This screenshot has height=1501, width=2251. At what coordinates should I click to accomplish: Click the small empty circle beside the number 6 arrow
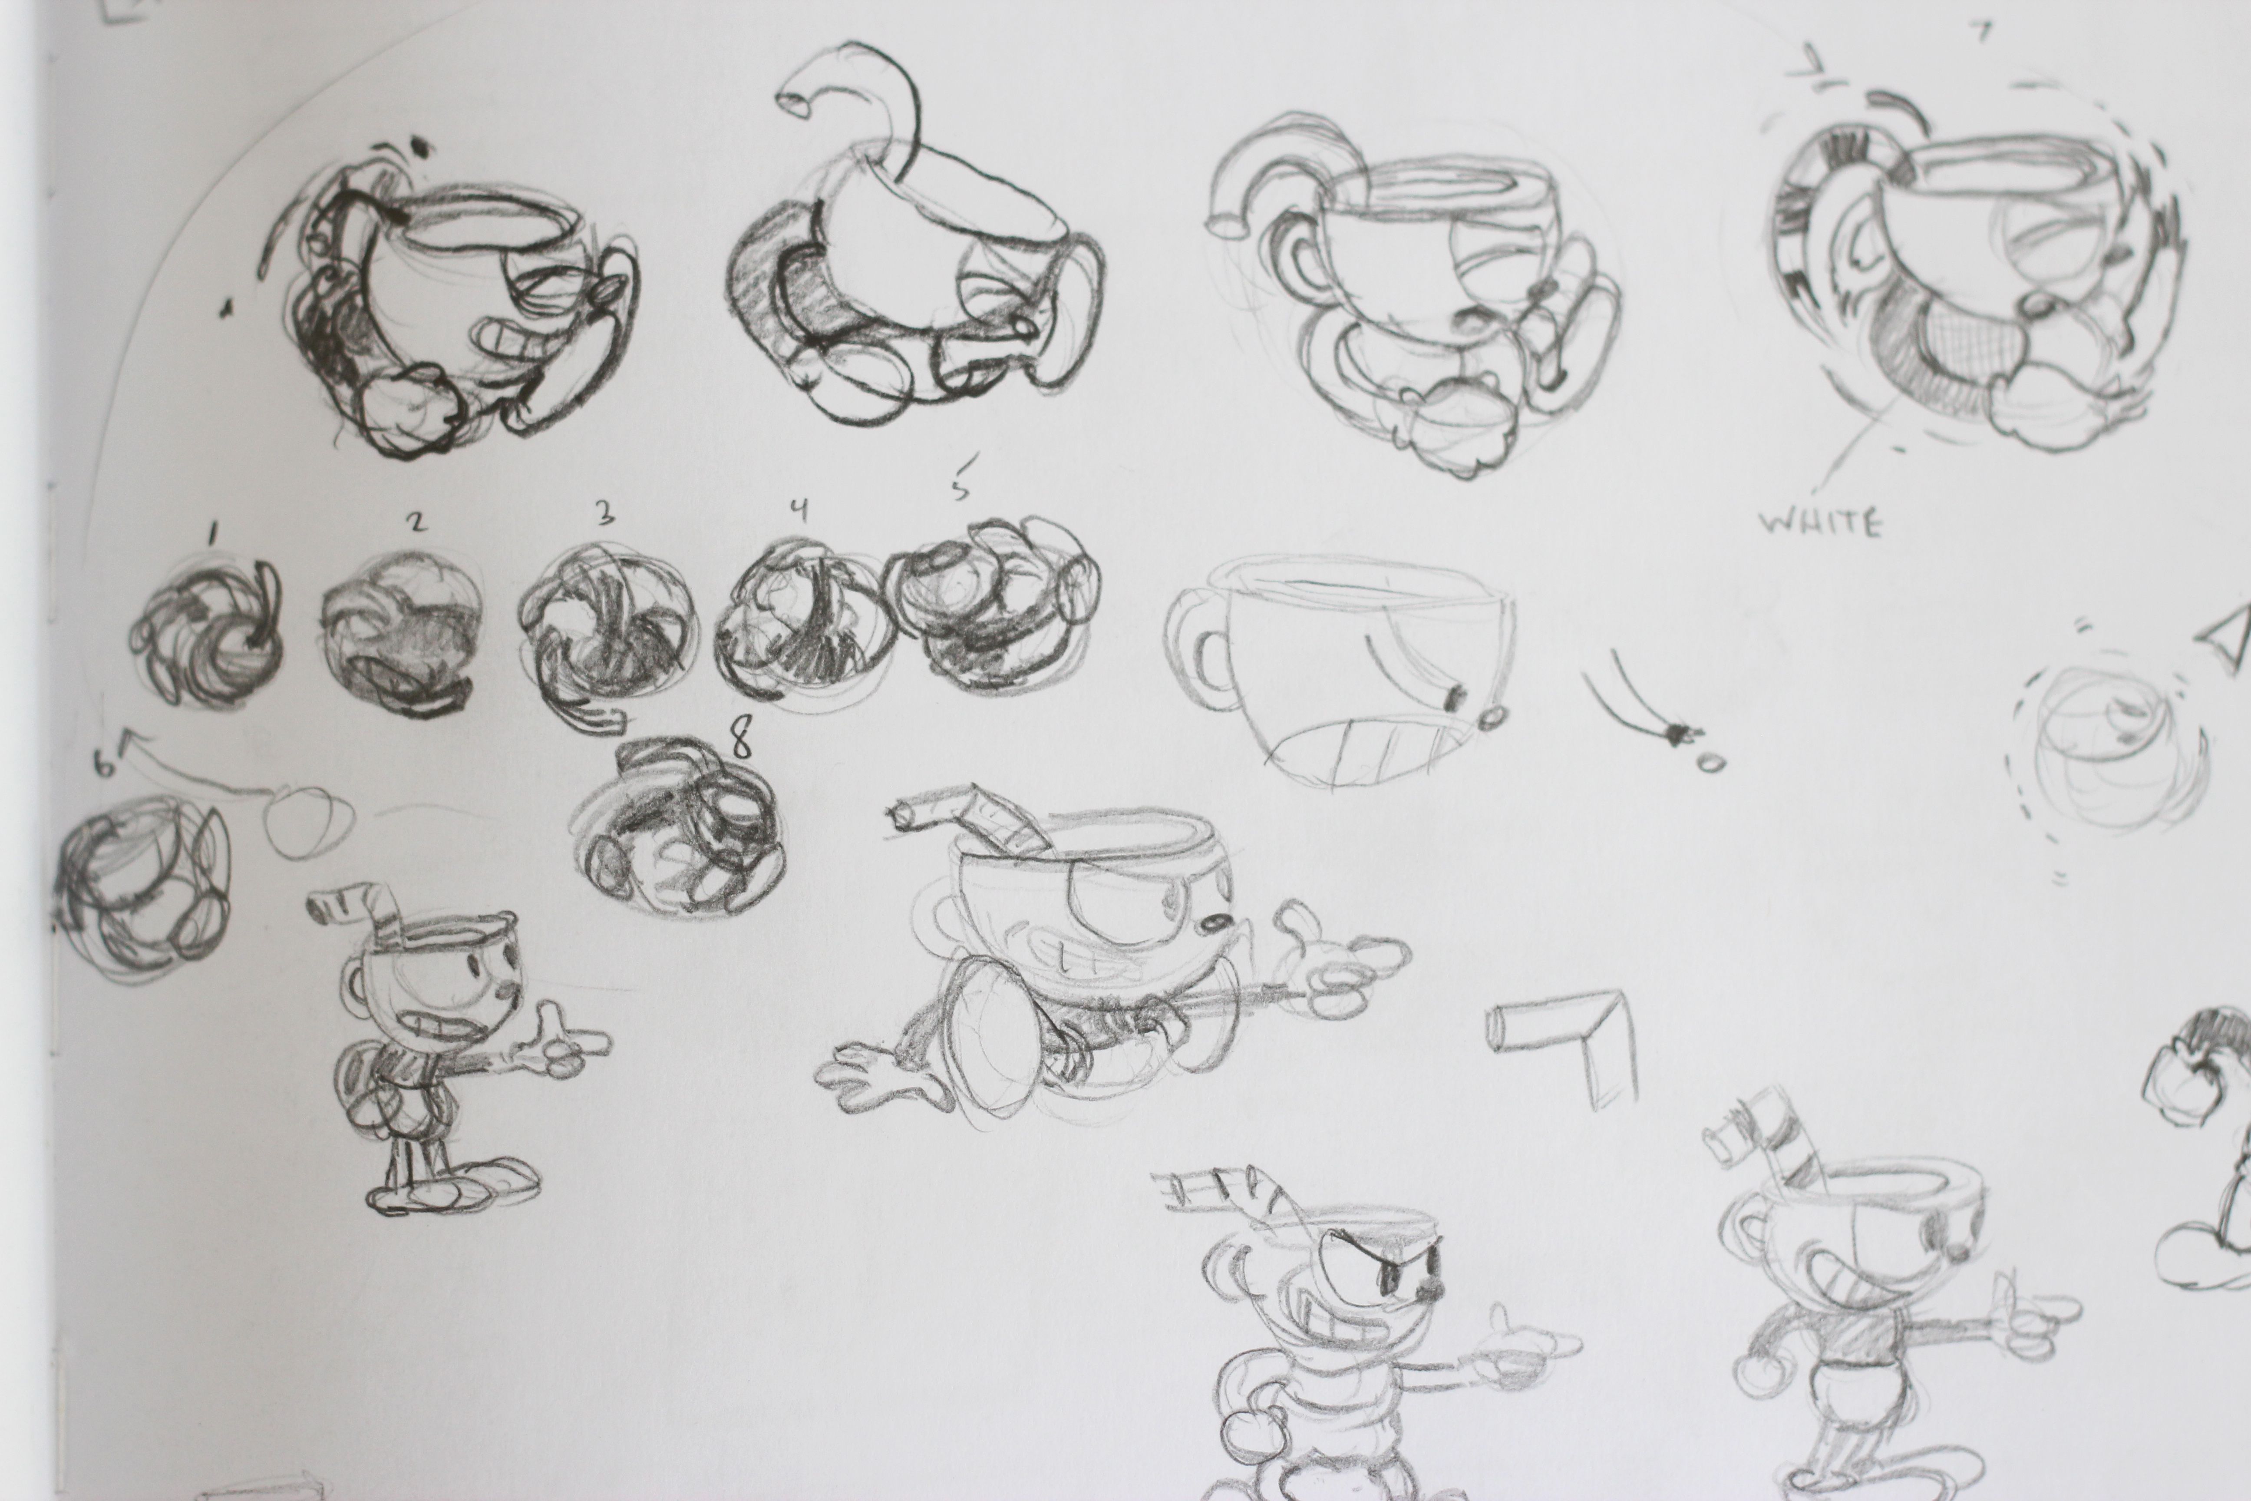point(308,821)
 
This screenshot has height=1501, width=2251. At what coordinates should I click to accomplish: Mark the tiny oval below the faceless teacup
point(1710,763)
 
